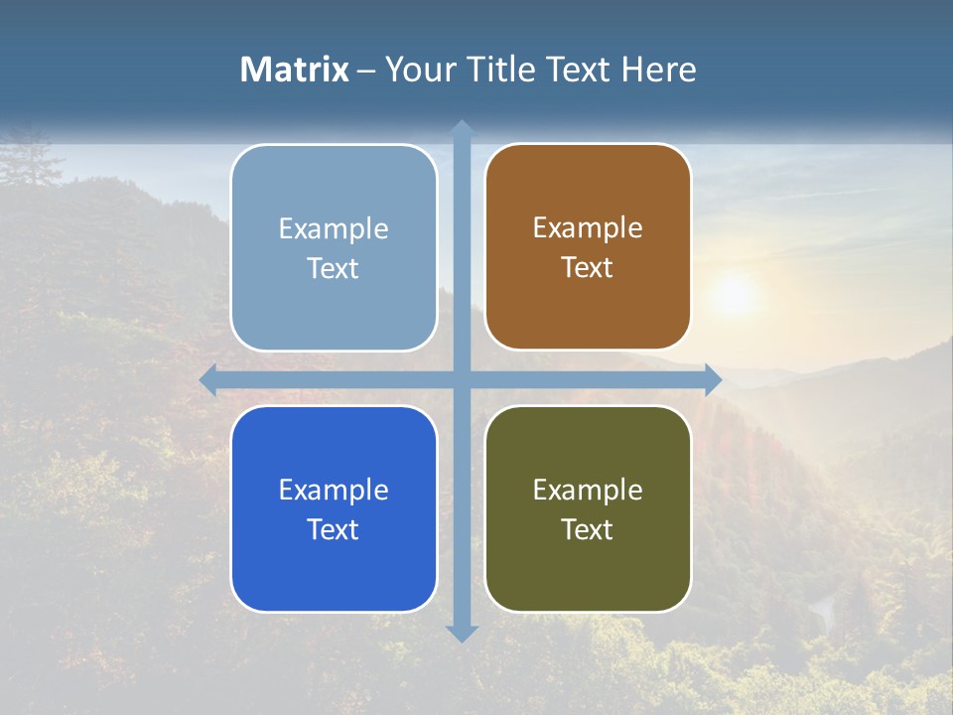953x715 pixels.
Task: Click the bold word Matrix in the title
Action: pos(294,70)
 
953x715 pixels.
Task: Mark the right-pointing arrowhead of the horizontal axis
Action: pos(712,380)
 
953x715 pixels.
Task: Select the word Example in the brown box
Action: pos(588,227)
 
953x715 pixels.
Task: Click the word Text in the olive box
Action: pos(588,529)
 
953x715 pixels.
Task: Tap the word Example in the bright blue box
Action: pos(334,490)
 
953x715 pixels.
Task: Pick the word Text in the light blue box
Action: pos(334,268)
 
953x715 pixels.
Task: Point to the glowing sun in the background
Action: pos(734,294)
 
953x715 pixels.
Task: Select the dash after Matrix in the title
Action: pos(366,71)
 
